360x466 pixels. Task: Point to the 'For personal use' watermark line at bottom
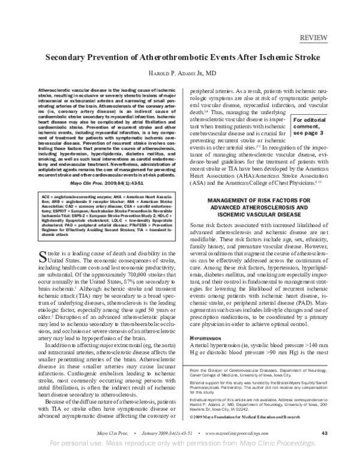tap(180, 460)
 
